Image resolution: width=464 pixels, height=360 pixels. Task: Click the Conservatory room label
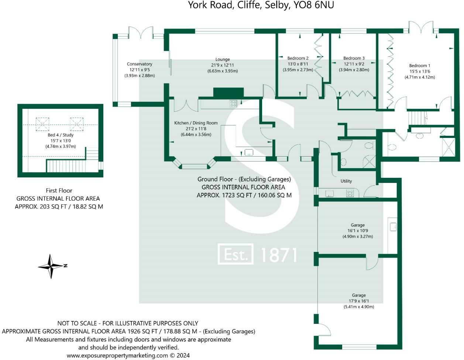(140, 64)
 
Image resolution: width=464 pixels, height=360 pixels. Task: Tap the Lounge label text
(223, 59)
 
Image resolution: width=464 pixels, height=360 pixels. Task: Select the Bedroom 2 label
(298, 58)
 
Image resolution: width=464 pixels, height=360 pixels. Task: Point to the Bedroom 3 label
(354, 58)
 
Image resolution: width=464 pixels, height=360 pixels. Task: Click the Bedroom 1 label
(420, 66)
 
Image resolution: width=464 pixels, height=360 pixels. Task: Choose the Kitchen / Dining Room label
(196, 123)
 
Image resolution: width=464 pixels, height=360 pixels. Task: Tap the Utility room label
(346, 181)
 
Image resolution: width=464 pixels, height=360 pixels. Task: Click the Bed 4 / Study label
(61, 135)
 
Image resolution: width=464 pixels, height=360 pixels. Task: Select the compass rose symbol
(51, 266)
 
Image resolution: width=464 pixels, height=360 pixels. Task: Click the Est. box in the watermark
(236, 254)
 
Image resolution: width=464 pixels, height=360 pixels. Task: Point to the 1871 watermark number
(279, 255)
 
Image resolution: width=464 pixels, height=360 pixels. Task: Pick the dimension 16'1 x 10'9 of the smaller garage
(358, 231)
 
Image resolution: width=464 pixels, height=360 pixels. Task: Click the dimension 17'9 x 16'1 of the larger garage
(359, 301)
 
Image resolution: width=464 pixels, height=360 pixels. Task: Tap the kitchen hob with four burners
(233, 104)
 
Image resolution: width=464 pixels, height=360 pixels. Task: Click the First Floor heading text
(59, 191)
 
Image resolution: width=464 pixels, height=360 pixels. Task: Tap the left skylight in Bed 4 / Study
(42, 124)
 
